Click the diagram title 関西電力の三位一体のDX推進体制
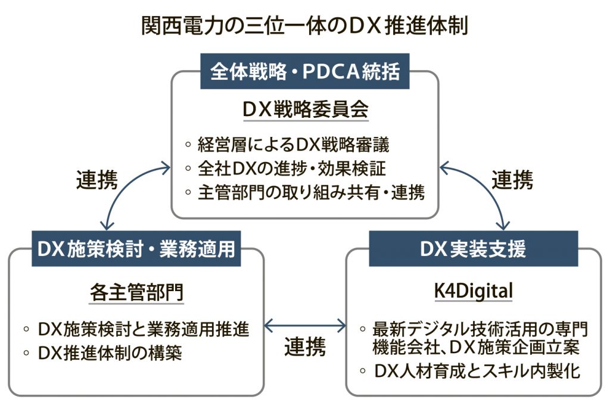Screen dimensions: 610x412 304,26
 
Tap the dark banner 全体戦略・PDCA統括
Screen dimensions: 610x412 304,71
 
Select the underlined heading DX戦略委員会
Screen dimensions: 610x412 306,109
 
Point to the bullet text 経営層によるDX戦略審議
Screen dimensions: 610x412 293,145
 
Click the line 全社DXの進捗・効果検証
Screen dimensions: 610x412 292,168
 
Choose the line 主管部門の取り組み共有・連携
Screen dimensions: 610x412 311,192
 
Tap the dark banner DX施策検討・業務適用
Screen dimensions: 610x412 136,249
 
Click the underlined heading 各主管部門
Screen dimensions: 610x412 136,292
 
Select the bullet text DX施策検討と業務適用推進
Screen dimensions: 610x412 144,329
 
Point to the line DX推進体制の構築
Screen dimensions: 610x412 110,353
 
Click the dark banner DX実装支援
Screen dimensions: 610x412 474,249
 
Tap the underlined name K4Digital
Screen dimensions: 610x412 474,291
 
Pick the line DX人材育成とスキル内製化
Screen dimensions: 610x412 477,371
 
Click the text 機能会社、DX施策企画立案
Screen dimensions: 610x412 476,347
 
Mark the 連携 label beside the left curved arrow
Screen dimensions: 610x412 97,180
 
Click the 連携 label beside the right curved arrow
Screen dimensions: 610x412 512,180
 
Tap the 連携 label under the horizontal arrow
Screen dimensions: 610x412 305,347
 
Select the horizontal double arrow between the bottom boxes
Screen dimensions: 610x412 305,326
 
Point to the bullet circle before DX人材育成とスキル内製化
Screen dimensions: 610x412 363,371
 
